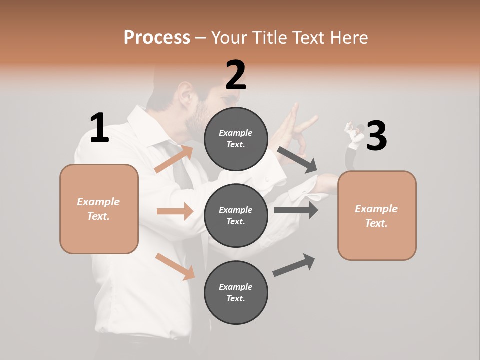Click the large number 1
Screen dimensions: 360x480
coord(99,128)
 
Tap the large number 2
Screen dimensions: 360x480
coord(236,75)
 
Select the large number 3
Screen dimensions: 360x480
coord(376,136)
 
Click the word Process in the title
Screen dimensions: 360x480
coord(157,37)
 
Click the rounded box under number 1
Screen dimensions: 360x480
coord(99,209)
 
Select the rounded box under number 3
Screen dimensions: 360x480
coord(377,215)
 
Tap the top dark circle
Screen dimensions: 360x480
coord(236,138)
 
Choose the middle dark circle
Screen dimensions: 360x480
coord(236,215)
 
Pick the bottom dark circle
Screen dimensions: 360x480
coord(236,292)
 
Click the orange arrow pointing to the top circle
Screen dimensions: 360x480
coord(174,159)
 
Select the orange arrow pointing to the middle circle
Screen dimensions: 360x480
coord(175,211)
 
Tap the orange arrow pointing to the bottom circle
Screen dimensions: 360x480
coord(175,266)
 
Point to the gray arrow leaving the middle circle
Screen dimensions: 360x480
coord(296,210)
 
